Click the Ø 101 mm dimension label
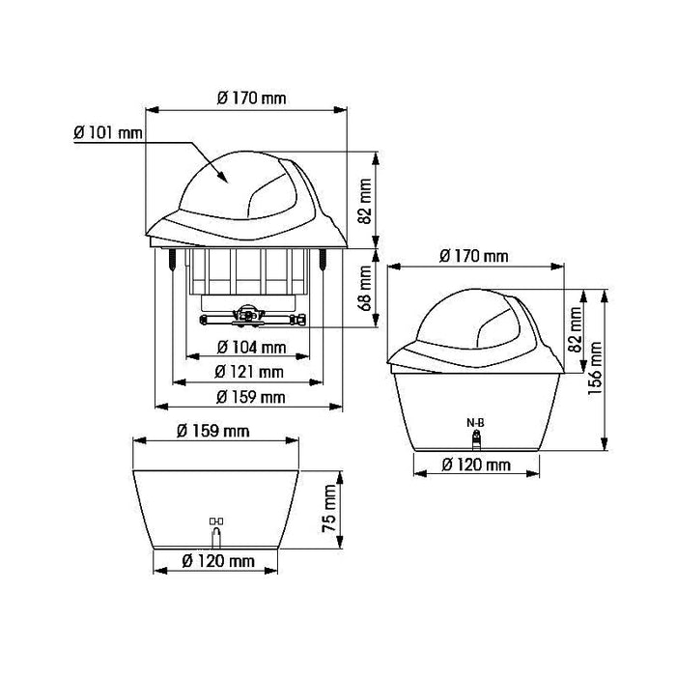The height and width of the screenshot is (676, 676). [x=108, y=133]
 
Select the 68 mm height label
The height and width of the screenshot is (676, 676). [x=365, y=288]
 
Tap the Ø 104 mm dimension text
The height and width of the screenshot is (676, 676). [x=251, y=347]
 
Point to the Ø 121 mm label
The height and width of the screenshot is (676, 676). [x=249, y=372]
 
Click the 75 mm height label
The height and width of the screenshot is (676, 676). [x=329, y=508]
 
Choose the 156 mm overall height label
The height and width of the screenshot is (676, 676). [x=595, y=369]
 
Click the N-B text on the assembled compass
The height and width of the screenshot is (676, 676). [x=475, y=423]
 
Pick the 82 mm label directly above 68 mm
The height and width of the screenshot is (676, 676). [x=365, y=201]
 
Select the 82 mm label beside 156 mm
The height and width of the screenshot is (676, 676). [x=576, y=330]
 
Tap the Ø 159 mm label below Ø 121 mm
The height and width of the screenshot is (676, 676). [x=250, y=397]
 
